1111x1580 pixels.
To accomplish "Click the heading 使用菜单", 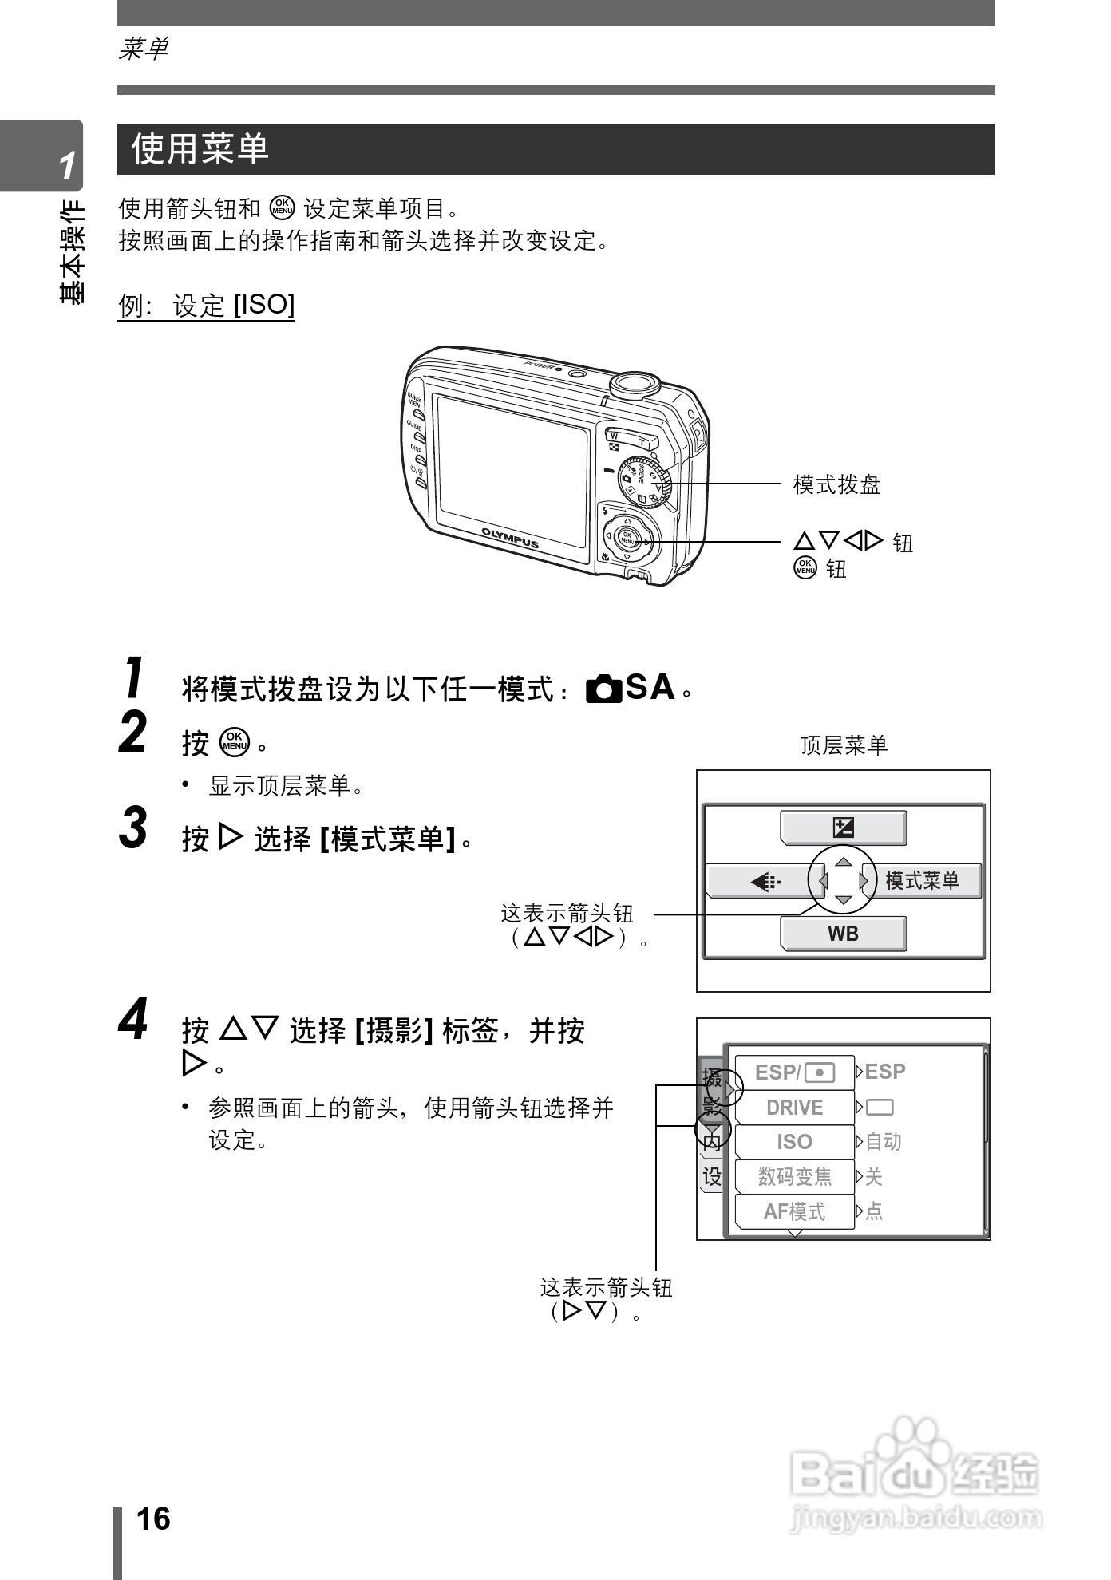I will point(200,149).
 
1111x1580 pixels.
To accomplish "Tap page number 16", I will point(153,1519).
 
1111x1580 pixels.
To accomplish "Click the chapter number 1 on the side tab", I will point(67,165).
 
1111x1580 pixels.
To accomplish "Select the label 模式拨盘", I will point(836,484).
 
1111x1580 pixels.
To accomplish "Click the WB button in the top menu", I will point(843,933).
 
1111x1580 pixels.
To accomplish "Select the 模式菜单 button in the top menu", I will point(921,881).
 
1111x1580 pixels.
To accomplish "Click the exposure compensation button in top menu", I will point(843,828).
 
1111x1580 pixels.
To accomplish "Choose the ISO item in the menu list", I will point(794,1142).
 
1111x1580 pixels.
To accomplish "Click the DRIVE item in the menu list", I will point(794,1108).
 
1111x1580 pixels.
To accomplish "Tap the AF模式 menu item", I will point(794,1211).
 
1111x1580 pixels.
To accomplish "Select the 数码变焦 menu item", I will point(794,1176).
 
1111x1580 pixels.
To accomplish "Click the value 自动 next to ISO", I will point(884,1142).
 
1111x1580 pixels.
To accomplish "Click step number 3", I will point(133,828).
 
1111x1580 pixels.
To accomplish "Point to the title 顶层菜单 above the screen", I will point(844,745).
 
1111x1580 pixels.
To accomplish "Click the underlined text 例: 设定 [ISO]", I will point(207,305).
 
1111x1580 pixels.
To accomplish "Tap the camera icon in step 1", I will point(604,688).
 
